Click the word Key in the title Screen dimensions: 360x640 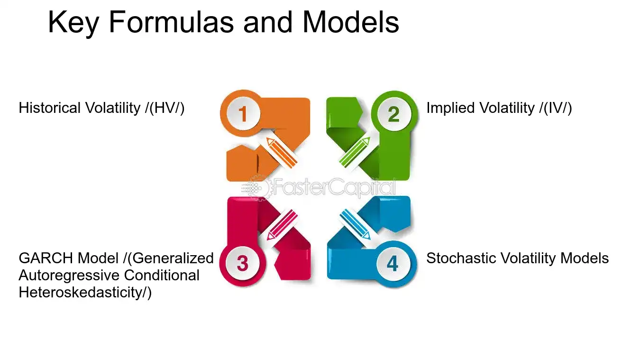click(73, 22)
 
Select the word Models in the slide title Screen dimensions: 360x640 click(351, 22)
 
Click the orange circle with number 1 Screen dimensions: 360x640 click(242, 114)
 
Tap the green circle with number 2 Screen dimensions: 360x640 click(393, 114)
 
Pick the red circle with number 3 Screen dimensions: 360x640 click(242, 263)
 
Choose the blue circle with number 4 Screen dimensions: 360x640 click(393, 263)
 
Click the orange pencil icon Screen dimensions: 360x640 click(281, 151)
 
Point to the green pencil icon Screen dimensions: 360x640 click(355, 151)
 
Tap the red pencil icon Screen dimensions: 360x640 click(283, 224)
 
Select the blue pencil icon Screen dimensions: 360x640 click(355, 224)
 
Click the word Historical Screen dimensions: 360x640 click(50, 108)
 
